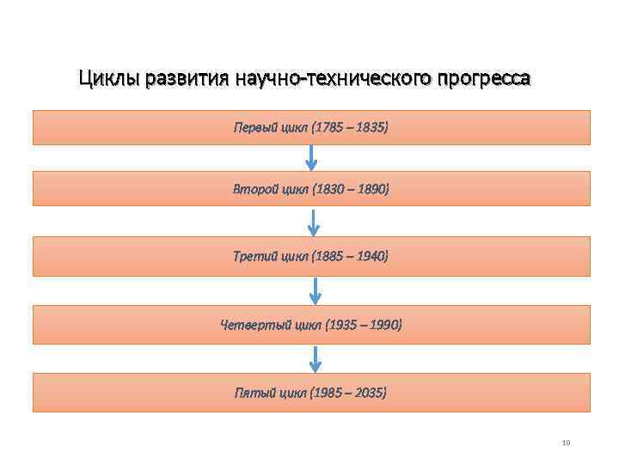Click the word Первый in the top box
(255, 127)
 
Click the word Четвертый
(249, 325)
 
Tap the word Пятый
(254, 393)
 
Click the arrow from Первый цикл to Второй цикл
(311, 157)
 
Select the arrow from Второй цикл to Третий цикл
(314, 222)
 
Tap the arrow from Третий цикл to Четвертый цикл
(316, 290)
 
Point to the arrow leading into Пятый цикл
(316, 358)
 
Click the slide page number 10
(565, 443)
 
